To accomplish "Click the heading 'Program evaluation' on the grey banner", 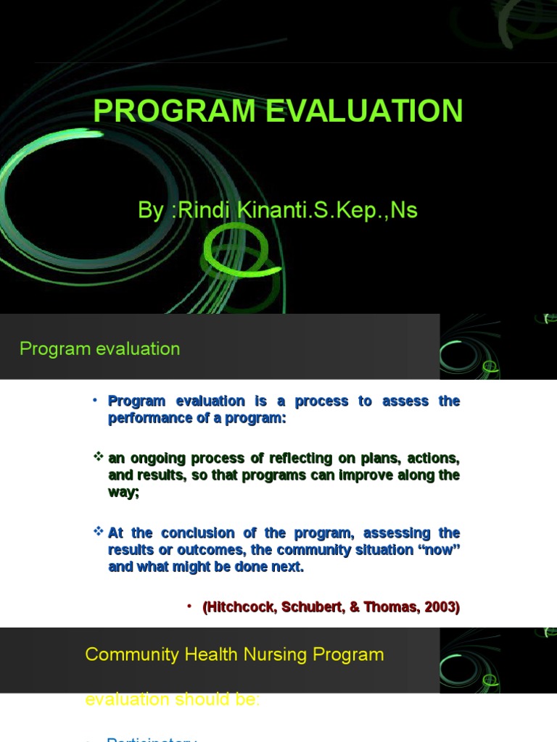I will click(100, 349).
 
